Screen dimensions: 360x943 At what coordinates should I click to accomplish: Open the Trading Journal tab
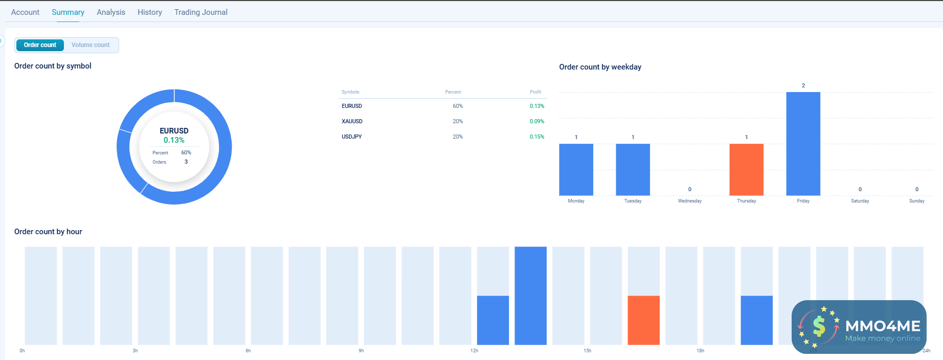[200, 12]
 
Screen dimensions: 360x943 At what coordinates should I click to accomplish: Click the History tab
[149, 12]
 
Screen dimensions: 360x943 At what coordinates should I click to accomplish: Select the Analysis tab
[110, 12]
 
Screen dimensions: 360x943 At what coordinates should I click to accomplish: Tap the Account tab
[25, 12]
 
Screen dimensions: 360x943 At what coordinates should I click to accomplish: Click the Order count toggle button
[40, 45]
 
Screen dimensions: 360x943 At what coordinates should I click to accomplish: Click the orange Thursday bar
[746, 169]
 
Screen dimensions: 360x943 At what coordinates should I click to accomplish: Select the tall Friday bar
[803, 144]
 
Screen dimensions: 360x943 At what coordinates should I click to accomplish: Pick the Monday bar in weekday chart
[576, 169]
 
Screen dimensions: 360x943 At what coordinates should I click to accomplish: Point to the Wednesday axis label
[689, 201]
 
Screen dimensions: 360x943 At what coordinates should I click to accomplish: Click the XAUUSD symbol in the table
[352, 121]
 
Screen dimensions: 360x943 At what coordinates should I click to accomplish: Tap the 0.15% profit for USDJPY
[536, 137]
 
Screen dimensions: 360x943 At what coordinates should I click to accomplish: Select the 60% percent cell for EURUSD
[457, 106]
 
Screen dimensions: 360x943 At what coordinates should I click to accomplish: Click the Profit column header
[535, 92]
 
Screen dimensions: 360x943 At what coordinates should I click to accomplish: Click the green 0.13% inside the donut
[174, 140]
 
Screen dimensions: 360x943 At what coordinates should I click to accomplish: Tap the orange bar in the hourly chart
[643, 320]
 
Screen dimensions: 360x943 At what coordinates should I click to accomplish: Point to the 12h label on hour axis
[474, 351]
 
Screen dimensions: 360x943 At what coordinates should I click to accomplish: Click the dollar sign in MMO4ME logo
[819, 326]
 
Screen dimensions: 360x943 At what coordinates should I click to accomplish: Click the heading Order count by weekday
[600, 67]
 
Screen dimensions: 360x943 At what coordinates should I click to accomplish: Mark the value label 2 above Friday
[803, 85]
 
